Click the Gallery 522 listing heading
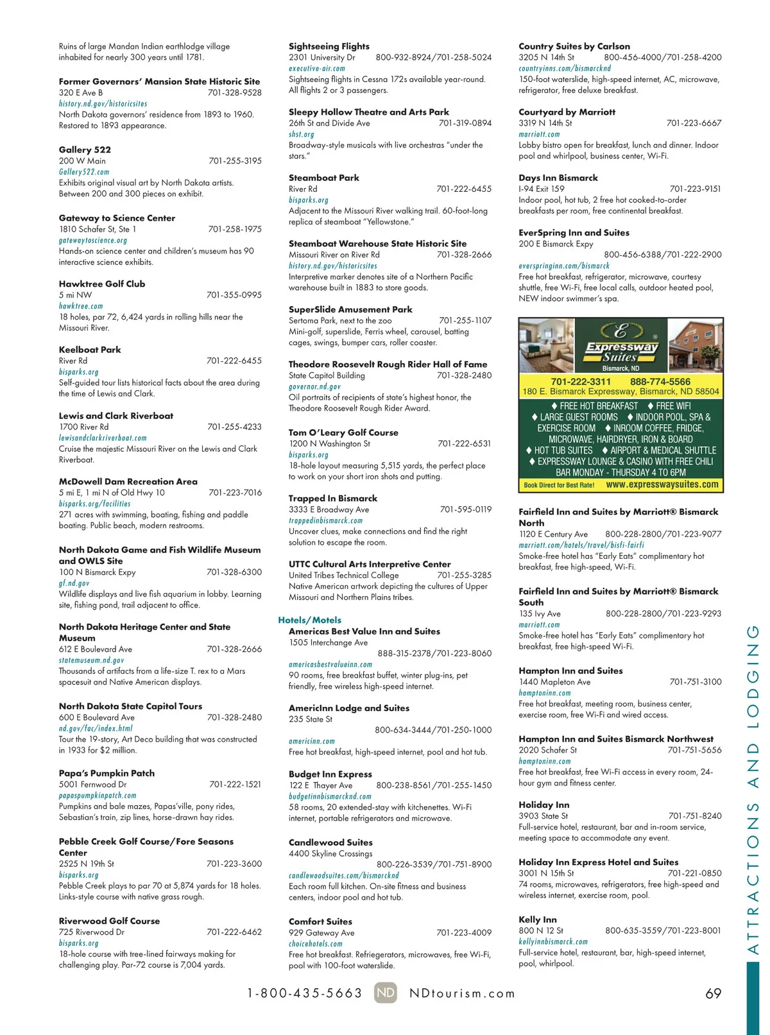pos(85,150)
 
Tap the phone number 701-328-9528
pos(234,92)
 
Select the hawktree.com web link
pos(81,306)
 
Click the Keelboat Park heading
pos(90,350)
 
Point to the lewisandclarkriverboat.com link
pos(103,438)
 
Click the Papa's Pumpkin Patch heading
pos(107,773)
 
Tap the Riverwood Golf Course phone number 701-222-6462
pos(234,932)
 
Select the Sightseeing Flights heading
pos(329,46)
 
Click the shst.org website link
pos(302,134)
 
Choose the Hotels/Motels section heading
pos(309,620)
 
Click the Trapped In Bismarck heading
pos(333,498)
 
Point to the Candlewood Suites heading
pos(330,842)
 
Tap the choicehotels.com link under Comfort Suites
pos(316,944)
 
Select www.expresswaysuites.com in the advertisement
pos(662,484)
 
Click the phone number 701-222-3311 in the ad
pos(581,381)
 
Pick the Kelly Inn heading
pos(538,920)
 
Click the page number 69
pos(713,993)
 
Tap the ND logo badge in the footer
pos(386,993)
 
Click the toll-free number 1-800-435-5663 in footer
pos(305,993)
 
